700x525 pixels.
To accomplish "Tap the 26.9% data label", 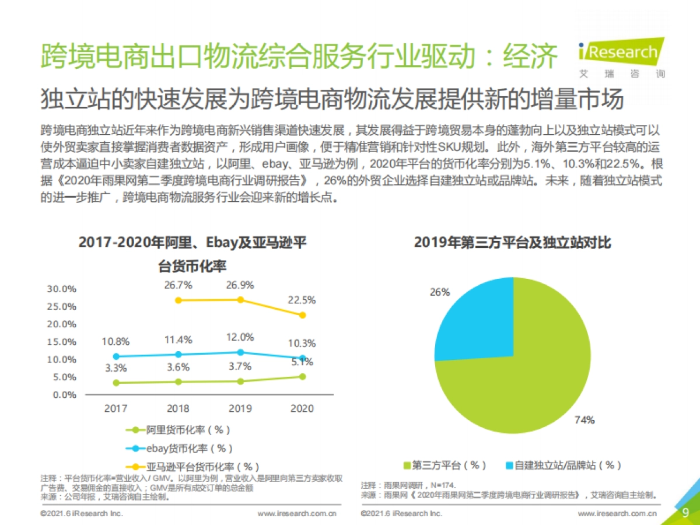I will coord(240,285).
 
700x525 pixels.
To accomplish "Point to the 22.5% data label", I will coord(302,300).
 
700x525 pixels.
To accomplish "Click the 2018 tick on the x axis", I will coord(178,408).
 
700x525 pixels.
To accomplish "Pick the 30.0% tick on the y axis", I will coord(62,289).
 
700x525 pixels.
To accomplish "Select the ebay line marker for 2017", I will coord(116,356).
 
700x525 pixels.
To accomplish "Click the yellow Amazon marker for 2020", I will coord(302,315).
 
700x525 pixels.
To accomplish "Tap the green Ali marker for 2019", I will coord(240,381).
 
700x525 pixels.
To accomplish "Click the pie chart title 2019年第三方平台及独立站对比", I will coord(512,242).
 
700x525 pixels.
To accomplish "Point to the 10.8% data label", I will coord(116,341).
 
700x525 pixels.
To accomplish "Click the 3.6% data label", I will coord(178,367).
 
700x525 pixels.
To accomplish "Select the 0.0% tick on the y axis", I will coord(62,395).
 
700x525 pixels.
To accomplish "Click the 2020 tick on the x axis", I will coord(302,408).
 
